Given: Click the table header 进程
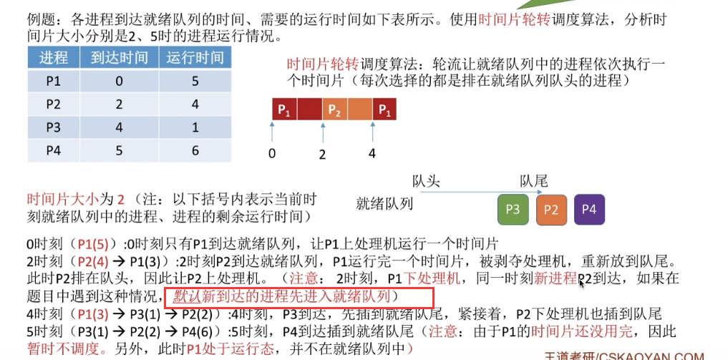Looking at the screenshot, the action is [x=54, y=57].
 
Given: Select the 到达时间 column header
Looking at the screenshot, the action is [x=119, y=57].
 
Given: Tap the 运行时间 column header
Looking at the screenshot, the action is [x=194, y=57].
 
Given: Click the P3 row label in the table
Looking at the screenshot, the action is [x=54, y=127].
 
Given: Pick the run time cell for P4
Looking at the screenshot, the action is [x=195, y=150].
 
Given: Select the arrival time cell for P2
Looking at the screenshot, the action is [x=119, y=104].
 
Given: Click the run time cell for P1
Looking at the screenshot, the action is [x=195, y=81].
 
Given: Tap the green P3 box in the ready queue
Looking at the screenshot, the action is [x=513, y=210].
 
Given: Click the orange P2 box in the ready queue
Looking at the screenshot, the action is [x=550, y=210].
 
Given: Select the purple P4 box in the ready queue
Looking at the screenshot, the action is [x=589, y=210].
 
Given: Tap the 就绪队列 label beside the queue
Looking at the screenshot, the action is [x=384, y=204].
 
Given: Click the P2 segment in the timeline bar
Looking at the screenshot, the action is [x=335, y=110].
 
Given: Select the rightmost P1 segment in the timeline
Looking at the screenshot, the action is [x=384, y=110].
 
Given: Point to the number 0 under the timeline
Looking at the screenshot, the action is [x=272, y=152].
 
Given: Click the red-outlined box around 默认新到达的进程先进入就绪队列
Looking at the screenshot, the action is [x=299, y=296].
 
